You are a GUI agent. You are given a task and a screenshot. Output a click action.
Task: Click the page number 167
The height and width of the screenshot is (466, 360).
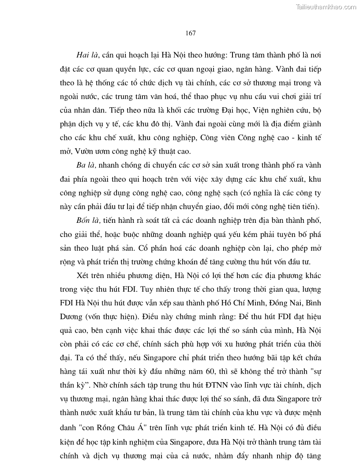(x=191, y=33)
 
